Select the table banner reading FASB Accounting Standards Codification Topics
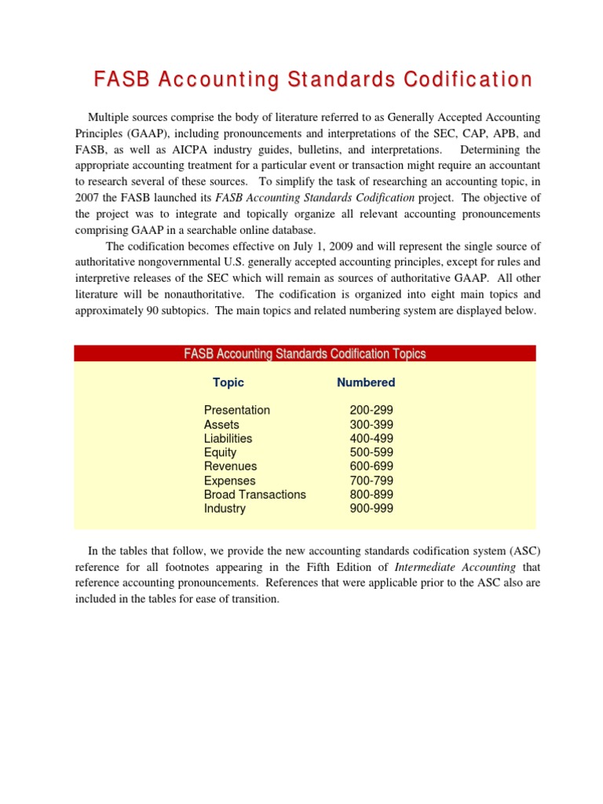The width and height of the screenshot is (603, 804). click(x=305, y=354)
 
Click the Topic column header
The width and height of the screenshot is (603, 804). click(x=228, y=382)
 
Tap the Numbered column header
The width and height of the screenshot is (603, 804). click(x=366, y=382)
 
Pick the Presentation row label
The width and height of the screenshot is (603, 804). click(x=236, y=410)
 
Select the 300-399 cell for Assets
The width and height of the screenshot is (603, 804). click(x=371, y=424)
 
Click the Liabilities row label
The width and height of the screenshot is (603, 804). click(x=228, y=438)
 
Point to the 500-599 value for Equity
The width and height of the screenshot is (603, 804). click(x=371, y=452)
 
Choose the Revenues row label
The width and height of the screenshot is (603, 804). click(x=230, y=466)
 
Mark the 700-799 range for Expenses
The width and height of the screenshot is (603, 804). click(x=371, y=481)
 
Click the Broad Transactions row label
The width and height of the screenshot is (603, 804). click(x=254, y=495)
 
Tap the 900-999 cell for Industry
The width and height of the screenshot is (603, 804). click(x=371, y=509)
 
